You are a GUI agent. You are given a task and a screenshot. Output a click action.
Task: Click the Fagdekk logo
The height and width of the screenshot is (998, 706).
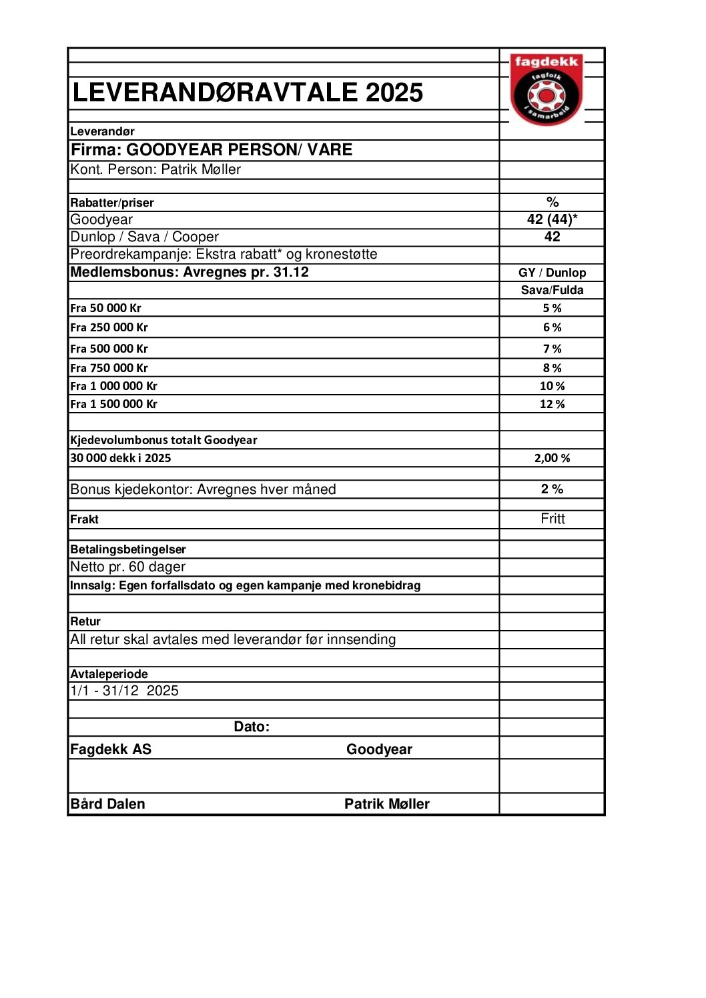click(x=547, y=89)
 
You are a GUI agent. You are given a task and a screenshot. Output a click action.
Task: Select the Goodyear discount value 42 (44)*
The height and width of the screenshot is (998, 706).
click(x=552, y=219)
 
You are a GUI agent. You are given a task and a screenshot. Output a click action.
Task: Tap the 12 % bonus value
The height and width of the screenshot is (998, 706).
click(x=552, y=404)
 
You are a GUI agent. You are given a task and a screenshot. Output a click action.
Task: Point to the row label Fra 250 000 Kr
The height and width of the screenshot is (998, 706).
click(x=109, y=327)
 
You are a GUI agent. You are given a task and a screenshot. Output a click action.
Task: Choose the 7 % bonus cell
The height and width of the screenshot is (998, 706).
click(x=552, y=349)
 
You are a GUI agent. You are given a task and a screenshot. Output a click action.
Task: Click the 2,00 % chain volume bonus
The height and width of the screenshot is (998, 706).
click(x=552, y=458)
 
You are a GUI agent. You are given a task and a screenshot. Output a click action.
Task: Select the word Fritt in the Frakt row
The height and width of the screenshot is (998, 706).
click(x=553, y=519)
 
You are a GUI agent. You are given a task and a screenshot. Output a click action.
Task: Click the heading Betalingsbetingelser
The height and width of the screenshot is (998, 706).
click(x=128, y=549)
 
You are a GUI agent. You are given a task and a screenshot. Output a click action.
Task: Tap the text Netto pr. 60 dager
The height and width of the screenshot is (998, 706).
click(x=128, y=567)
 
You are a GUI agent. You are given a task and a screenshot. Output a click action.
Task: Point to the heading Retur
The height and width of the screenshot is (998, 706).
click(x=85, y=621)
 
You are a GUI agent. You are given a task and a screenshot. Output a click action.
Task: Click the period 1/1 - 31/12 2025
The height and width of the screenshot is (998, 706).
click(x=124, y=691)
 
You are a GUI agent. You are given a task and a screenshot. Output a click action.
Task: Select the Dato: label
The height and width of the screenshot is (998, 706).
click(x=252, y=727)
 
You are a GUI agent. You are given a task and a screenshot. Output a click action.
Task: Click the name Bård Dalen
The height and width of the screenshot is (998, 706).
click(x=107, y=804)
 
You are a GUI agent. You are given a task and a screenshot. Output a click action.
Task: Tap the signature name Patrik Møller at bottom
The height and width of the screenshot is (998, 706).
click(x=387, y=804)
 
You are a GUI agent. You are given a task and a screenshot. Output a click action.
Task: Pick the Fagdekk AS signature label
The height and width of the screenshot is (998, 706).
click(x=111, y=749)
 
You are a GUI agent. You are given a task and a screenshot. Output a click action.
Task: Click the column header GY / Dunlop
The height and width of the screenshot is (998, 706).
click(x=552, y=273)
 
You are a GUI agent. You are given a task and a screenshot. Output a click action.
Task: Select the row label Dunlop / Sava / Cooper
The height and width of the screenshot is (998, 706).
click(x=144, y=237)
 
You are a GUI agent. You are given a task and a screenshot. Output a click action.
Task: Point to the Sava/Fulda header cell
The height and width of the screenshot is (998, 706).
click(x=552, y=290)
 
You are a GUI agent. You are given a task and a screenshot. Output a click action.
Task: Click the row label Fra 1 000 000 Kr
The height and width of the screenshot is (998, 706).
click(x=113, y=386)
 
